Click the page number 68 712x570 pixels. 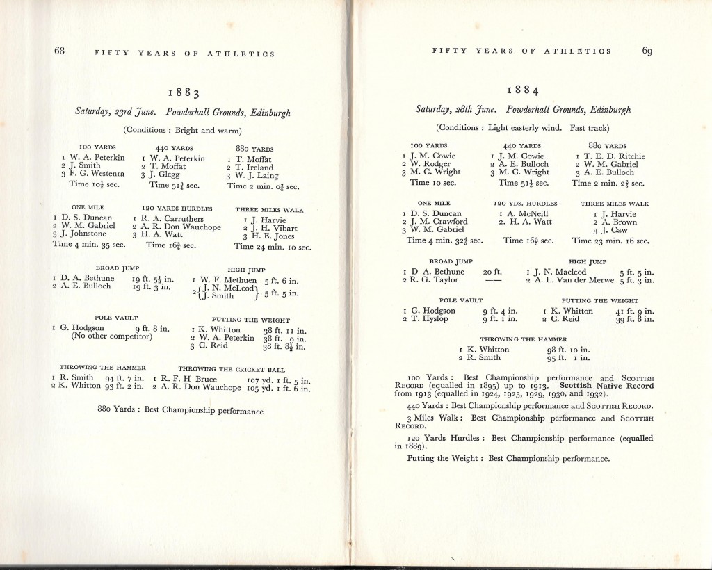(60, 51)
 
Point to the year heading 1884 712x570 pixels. (522, 90)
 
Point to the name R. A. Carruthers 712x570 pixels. (172, 219)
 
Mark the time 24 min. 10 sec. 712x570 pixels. (273, 247)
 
